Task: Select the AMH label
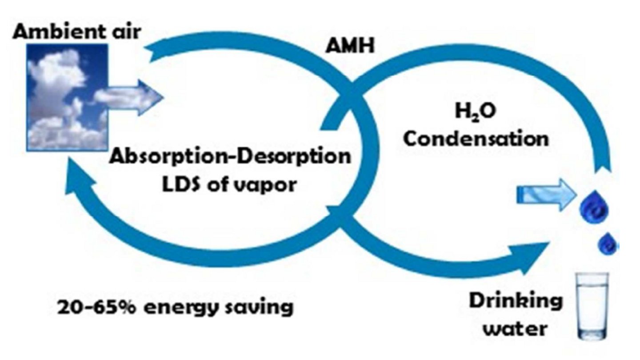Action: [x=350, y=46]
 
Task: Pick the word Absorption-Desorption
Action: [x=229, y=157]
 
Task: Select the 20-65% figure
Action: [x=96, y=307]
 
